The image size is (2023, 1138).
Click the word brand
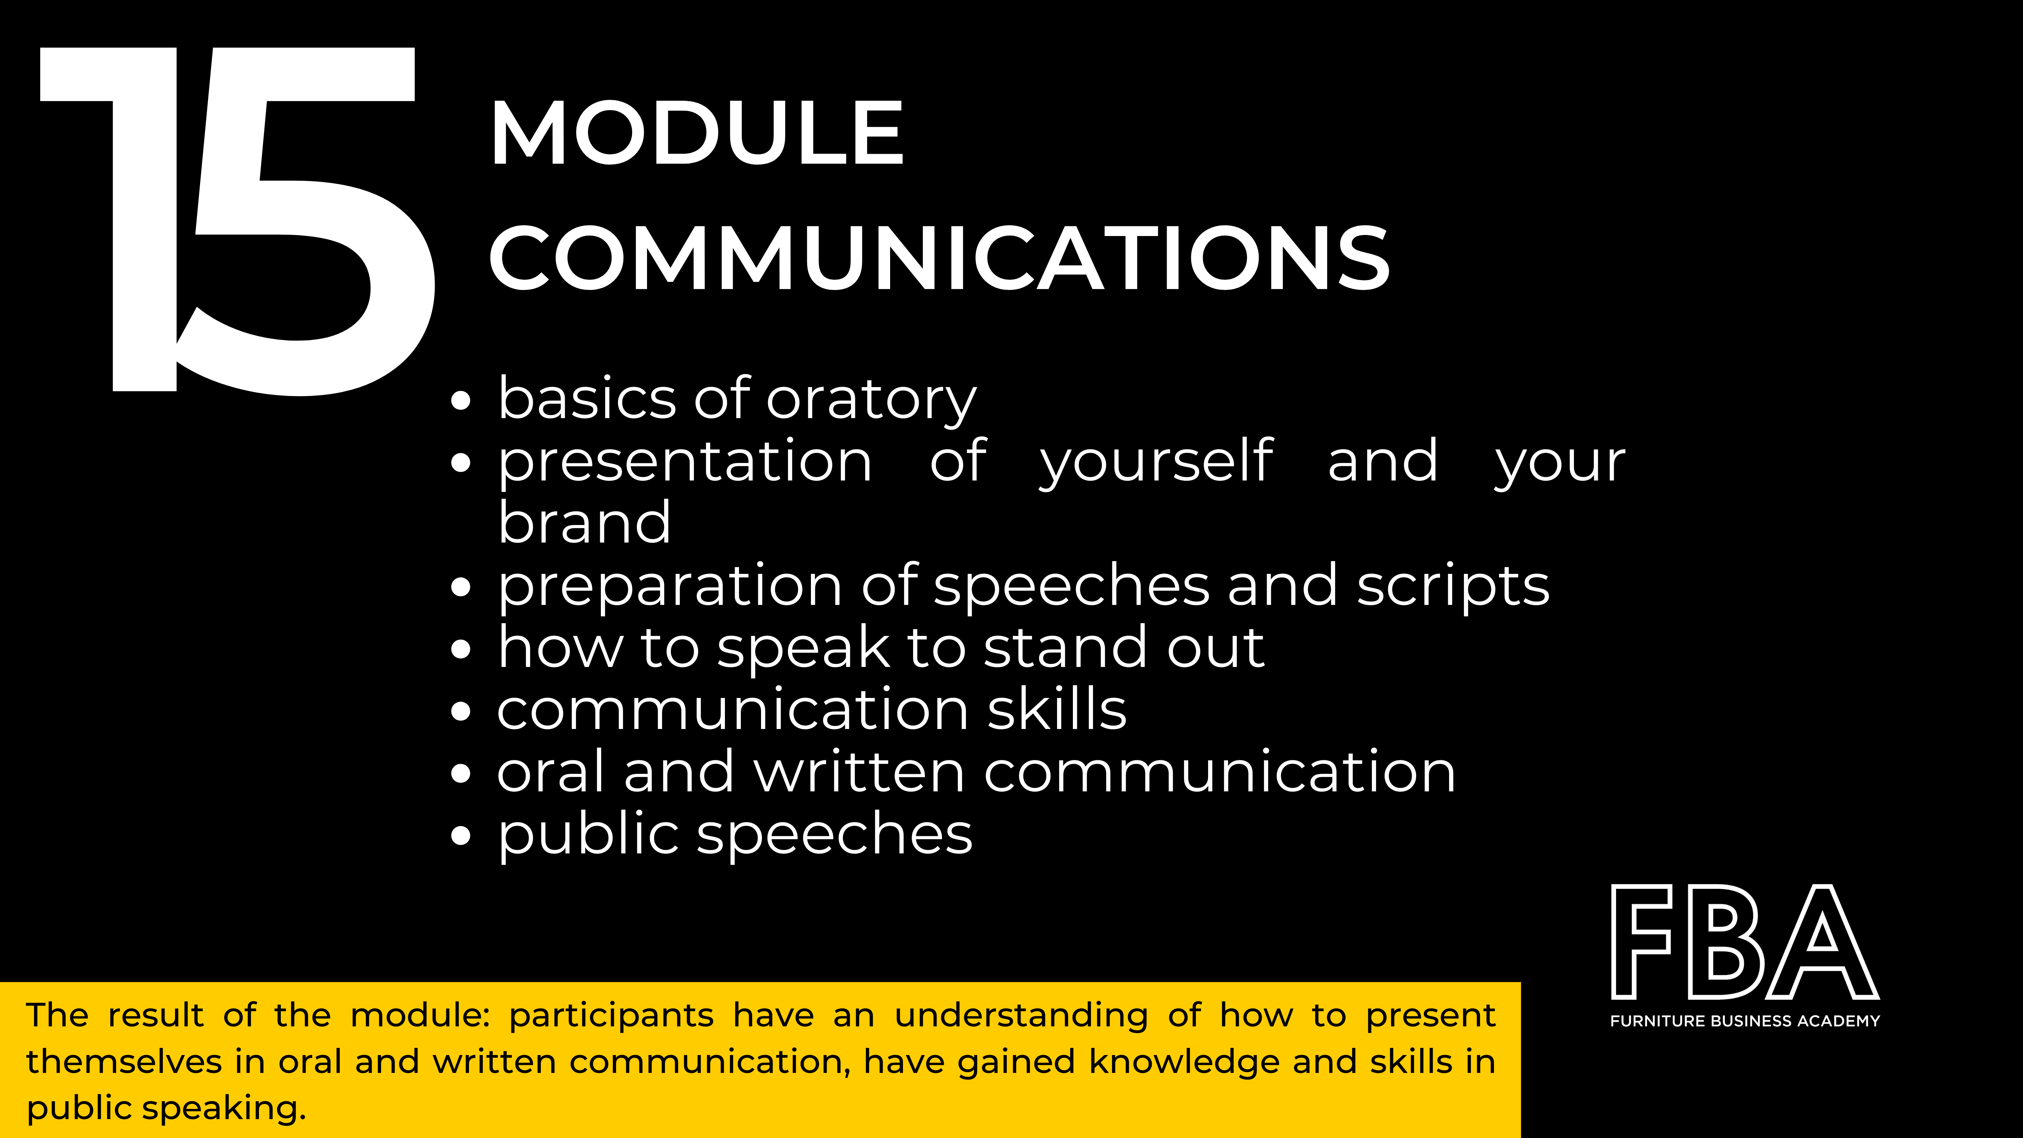[584, 522]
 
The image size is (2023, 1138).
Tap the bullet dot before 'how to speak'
[462, 649]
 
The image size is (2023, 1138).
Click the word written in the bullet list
[859, 771]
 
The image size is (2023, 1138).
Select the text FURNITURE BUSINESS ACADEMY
[1745, 1021]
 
